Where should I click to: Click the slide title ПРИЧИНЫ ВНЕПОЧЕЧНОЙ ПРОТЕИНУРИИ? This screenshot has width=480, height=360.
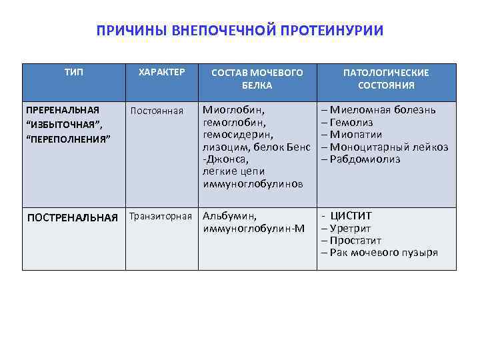[240, 31]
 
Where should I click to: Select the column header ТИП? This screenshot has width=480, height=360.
[74, 72]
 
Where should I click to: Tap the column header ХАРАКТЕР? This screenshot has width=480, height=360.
[161, 72]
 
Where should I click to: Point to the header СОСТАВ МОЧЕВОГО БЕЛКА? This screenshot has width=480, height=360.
[257, 79]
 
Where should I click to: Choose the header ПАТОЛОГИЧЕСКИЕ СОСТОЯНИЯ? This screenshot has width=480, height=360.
[386, 79]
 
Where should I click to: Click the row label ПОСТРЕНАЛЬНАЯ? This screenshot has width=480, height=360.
[72, 217]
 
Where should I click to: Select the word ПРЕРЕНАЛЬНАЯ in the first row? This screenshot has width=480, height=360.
[62, 109]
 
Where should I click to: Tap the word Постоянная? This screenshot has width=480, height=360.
[157, 111]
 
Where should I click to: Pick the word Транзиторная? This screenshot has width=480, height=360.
[161, 216]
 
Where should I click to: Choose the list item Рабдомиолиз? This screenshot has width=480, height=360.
[364, 159]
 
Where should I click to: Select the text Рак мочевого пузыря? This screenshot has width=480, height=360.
[383, 253]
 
